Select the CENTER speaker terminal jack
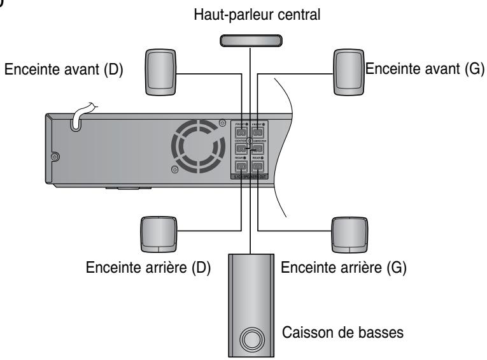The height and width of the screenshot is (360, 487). point(241,148)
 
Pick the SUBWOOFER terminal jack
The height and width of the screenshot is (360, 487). point(259,148)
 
